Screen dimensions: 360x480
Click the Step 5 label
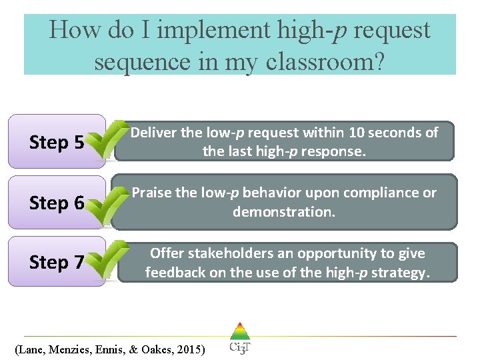point(57,143)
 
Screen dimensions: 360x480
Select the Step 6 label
point(57,203)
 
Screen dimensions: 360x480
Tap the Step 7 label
point(57,263)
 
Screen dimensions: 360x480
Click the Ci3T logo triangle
point(239,331)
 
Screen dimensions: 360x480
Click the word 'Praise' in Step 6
point(152,193)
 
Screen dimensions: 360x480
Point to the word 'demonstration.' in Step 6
point(283,212)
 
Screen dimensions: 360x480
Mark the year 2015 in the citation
point(191,349)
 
